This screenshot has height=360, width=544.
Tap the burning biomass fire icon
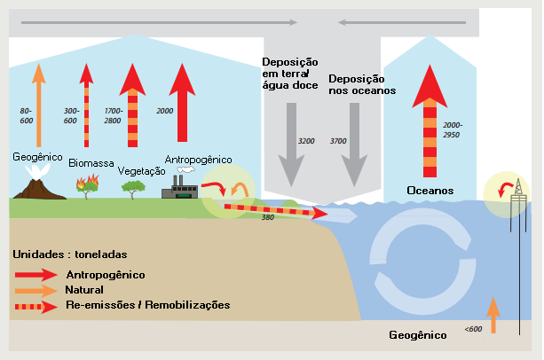coord(87,185)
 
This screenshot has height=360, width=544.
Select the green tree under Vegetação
coord(133,188)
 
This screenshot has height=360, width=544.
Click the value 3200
coord(306,141)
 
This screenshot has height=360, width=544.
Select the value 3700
coord(338,141)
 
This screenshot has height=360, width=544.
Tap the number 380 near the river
coord(266,218)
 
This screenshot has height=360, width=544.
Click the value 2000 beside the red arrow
coord(164,111)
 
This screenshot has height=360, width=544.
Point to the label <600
coord(473,330)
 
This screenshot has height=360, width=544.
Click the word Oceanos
coord(430,191)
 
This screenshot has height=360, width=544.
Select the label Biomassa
coord(91,163)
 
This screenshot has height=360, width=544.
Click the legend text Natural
coord(85,290)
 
